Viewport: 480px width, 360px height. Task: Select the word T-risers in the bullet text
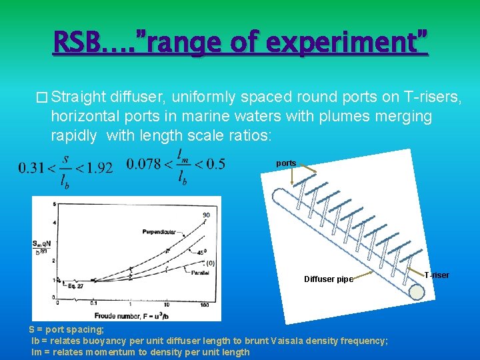click(435, 97)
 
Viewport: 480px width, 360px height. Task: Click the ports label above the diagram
click(286, 163)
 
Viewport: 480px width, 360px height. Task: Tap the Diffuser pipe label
click(329, 279)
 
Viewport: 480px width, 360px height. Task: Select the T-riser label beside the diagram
click(437, 275)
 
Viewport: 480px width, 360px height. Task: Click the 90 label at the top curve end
click(206, 215)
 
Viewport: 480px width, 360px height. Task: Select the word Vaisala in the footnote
click(292, 341)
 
